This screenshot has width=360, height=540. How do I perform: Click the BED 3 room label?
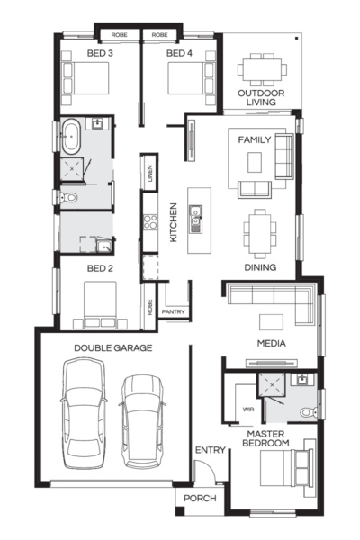(100, 53)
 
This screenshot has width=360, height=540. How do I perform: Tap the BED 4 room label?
(179, 53)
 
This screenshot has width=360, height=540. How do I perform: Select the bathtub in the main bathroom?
(71, 137)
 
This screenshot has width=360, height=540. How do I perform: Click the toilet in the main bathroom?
(69, 198)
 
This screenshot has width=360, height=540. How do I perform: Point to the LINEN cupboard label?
(150, 173)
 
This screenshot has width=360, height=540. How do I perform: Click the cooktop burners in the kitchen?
(150, 221)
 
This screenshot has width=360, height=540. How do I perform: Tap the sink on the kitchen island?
(195, 220)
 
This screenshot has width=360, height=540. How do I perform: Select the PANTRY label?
(174, 312)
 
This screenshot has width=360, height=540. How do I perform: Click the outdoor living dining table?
(262, 69)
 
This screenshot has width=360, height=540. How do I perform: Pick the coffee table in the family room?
(255, 162)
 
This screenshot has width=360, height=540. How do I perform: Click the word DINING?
(260, 267)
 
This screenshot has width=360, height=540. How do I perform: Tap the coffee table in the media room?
(272, 322)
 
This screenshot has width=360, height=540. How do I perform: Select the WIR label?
(248, 409)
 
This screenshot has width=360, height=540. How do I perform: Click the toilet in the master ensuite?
(309, 412)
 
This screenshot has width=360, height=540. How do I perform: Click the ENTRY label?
(210, 450)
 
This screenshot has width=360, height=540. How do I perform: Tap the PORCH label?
(200, 499)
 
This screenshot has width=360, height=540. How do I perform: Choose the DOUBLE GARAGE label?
(113, 347)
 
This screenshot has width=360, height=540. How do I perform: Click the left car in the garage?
(84, 412)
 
